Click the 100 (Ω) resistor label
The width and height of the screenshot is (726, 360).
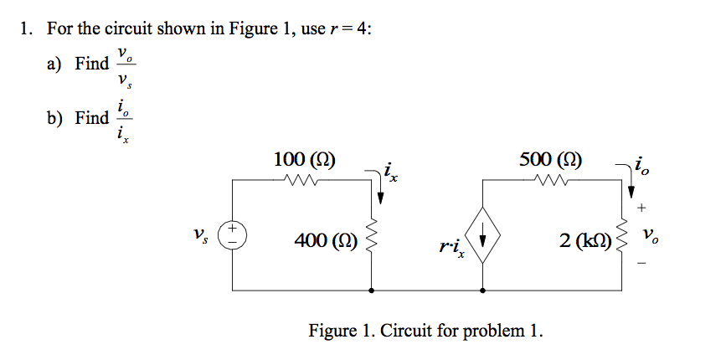305,159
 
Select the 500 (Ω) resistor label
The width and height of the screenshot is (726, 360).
552,159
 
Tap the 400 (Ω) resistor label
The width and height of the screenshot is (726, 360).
326,242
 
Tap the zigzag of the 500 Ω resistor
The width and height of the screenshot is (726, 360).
552,179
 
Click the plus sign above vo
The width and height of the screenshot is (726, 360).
642,206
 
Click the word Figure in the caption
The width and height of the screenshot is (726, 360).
332,330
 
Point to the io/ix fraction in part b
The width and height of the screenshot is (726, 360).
125,118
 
